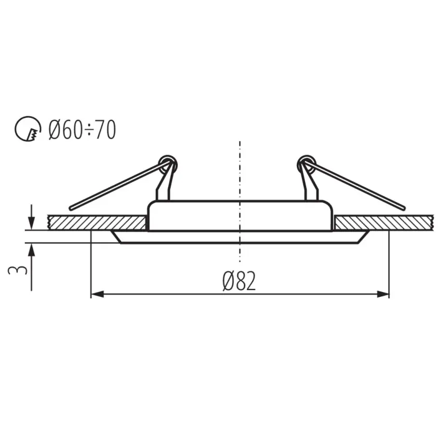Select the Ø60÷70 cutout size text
click(82, 129)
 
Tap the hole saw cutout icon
click(27, 129)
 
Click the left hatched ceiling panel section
click(96, 223)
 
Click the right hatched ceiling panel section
click(384, 223)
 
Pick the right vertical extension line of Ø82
click(389, 265)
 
